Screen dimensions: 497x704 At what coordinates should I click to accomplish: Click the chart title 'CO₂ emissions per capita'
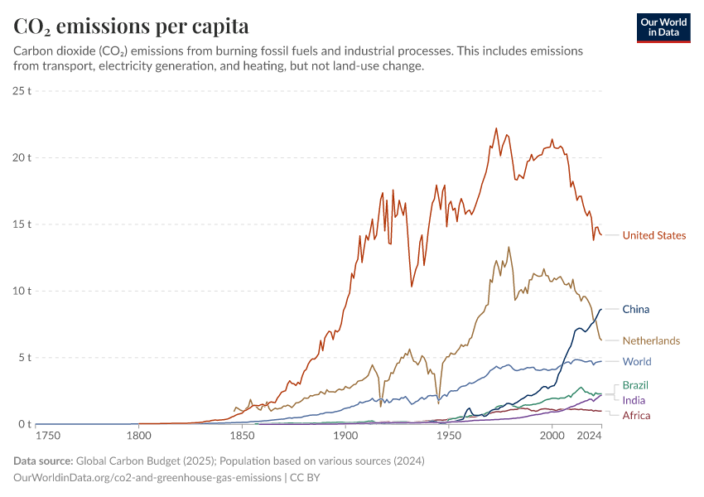coord(131,27)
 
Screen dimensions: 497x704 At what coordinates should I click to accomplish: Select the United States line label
coord(653,235)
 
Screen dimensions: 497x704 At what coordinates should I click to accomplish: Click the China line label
coord(635,309)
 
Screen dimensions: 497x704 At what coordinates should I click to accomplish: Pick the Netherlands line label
coord(651,340)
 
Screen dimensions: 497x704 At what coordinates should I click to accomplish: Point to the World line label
coord(637,361)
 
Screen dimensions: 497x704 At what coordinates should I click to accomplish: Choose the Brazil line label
coord(635,385)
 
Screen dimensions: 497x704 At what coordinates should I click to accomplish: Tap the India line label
coord(634,400)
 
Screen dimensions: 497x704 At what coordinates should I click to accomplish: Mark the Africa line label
coord(636,415)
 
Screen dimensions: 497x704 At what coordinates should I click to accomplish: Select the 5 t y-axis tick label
coord(24,358)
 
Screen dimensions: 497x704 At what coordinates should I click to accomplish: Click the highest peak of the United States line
coord(496,128)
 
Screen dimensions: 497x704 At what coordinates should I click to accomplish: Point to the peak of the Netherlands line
coord(509,247)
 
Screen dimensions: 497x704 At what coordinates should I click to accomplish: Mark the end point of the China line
coord(601,309)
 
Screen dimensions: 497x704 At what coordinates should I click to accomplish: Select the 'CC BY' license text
coord(306,477)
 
